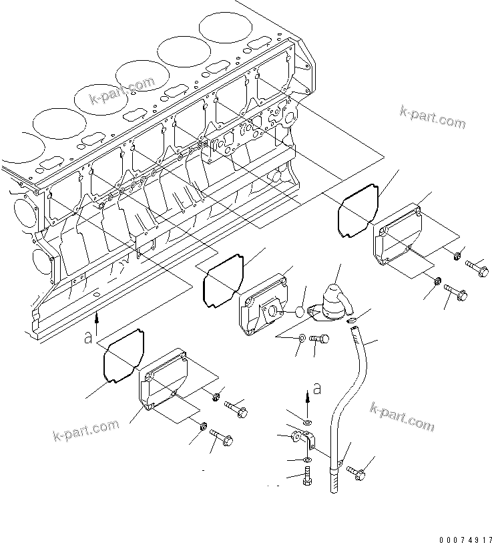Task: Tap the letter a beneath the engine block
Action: click(x=87, y=338)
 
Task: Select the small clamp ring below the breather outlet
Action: click(x=352, y=321)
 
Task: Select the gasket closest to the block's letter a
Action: click(x=124, y=357)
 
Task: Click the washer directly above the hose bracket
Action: click(x=306, y=423)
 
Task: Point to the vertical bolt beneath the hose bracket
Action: click(x=306, y=478)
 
